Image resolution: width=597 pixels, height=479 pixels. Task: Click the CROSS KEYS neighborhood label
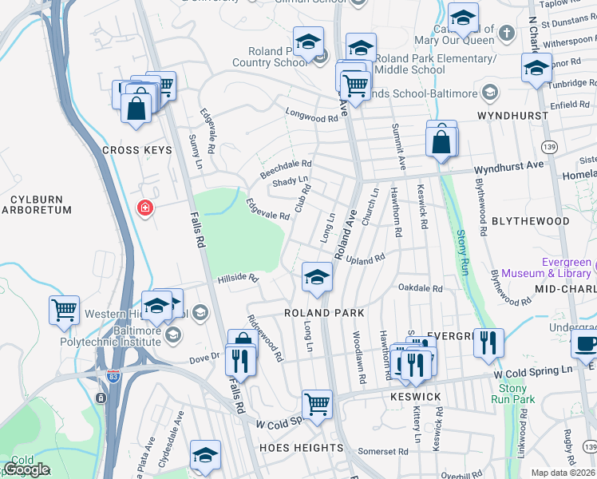click(132, 150)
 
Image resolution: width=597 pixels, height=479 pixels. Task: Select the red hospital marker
click(145, 209)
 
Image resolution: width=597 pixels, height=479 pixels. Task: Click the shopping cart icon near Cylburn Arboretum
click(64, 309)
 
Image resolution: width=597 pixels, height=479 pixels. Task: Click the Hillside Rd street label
click(239, 279)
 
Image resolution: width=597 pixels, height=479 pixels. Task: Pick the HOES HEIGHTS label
click(302, 448)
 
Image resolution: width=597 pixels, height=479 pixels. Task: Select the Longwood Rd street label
click(312, 119)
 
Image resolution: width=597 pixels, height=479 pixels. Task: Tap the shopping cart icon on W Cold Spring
click(318, 404)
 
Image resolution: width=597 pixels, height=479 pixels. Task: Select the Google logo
click(26, 469)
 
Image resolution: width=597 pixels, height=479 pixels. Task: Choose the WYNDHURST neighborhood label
click(512, 116)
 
